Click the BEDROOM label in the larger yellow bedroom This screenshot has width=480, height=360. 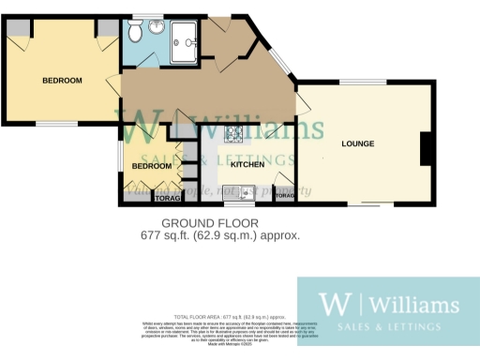62,81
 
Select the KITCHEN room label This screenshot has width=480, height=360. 247,164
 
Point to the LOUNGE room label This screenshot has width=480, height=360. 358,143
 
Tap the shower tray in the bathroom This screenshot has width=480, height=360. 186,37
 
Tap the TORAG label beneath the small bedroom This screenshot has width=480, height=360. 167,198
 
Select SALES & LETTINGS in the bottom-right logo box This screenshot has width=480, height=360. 388,328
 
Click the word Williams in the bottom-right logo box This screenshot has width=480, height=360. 412,304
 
